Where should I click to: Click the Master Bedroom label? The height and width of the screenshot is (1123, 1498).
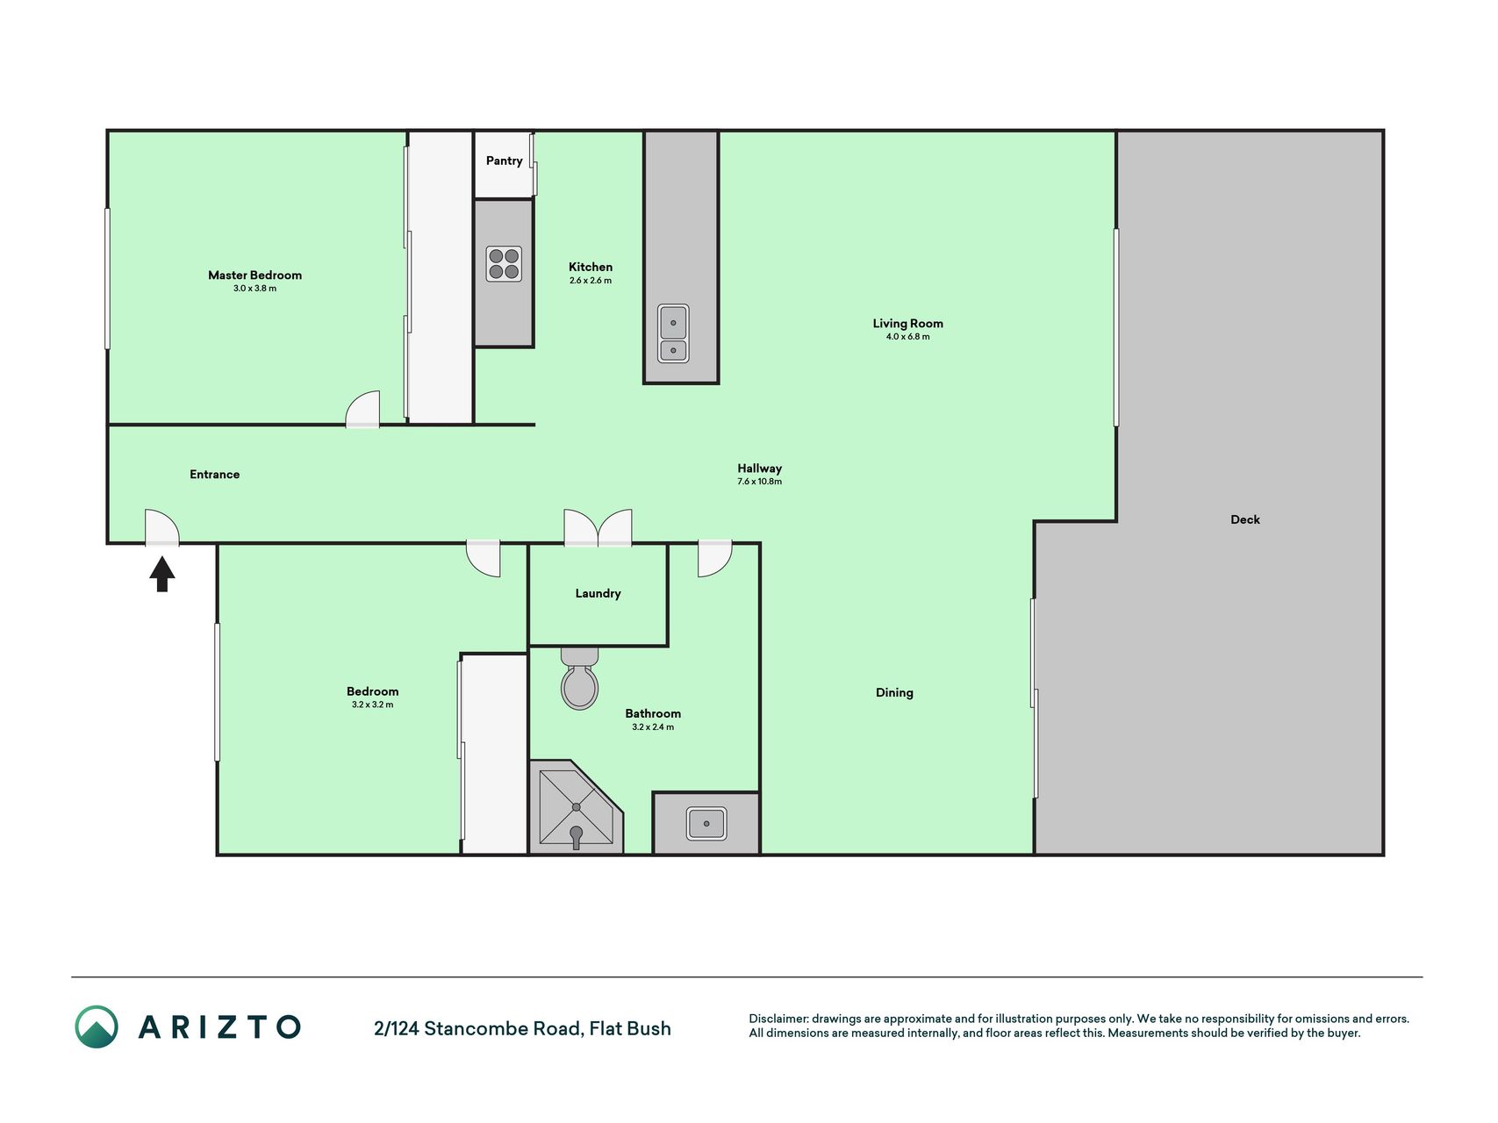254,275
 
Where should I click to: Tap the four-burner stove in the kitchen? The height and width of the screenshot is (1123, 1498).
504,264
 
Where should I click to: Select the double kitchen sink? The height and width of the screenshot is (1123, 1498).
673,333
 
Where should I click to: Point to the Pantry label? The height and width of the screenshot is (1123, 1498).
504,161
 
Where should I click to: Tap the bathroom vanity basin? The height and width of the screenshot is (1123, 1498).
706,823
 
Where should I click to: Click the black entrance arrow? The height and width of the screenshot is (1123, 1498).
162,575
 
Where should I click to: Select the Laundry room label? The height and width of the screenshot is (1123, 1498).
598,593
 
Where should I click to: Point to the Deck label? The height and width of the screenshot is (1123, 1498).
1244,519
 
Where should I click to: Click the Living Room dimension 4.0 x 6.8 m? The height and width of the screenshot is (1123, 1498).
907,337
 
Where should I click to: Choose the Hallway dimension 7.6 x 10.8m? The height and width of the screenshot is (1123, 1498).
759,482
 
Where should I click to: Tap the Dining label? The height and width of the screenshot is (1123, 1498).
894,692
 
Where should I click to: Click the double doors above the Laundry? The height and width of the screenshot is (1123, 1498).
598,528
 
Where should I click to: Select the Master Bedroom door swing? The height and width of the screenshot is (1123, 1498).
362,410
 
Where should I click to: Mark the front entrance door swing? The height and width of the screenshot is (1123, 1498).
161,527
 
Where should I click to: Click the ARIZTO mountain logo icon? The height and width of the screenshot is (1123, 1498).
96,1026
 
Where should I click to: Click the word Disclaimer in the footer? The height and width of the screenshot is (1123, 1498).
778,1019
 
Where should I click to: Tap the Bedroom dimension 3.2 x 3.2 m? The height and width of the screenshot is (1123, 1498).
372,705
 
